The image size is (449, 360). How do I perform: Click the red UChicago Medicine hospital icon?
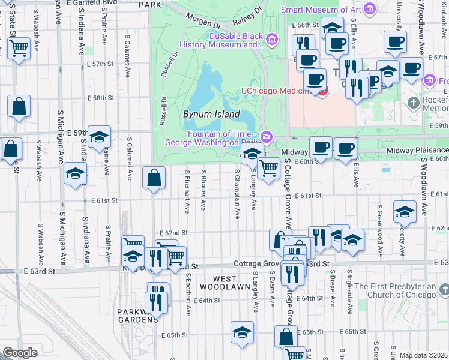tap(323, 91)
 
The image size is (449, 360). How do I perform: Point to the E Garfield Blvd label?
tap(93, 3)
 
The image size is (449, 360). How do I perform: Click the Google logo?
tap(20, 353)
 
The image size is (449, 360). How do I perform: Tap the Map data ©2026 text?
tap(423, 355)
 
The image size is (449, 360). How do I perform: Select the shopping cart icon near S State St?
tap(19, 47)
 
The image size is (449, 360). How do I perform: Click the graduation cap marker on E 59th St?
tap(99, 137)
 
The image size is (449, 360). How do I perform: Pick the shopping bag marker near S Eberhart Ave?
tap(154, 178)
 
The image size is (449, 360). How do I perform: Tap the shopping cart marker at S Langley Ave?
tap(268, 168)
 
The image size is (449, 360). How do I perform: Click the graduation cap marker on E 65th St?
tap(242, 333)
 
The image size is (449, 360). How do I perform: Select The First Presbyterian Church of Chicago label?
tap(400, 290)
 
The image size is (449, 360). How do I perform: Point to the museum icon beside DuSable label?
tap(272, 40)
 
